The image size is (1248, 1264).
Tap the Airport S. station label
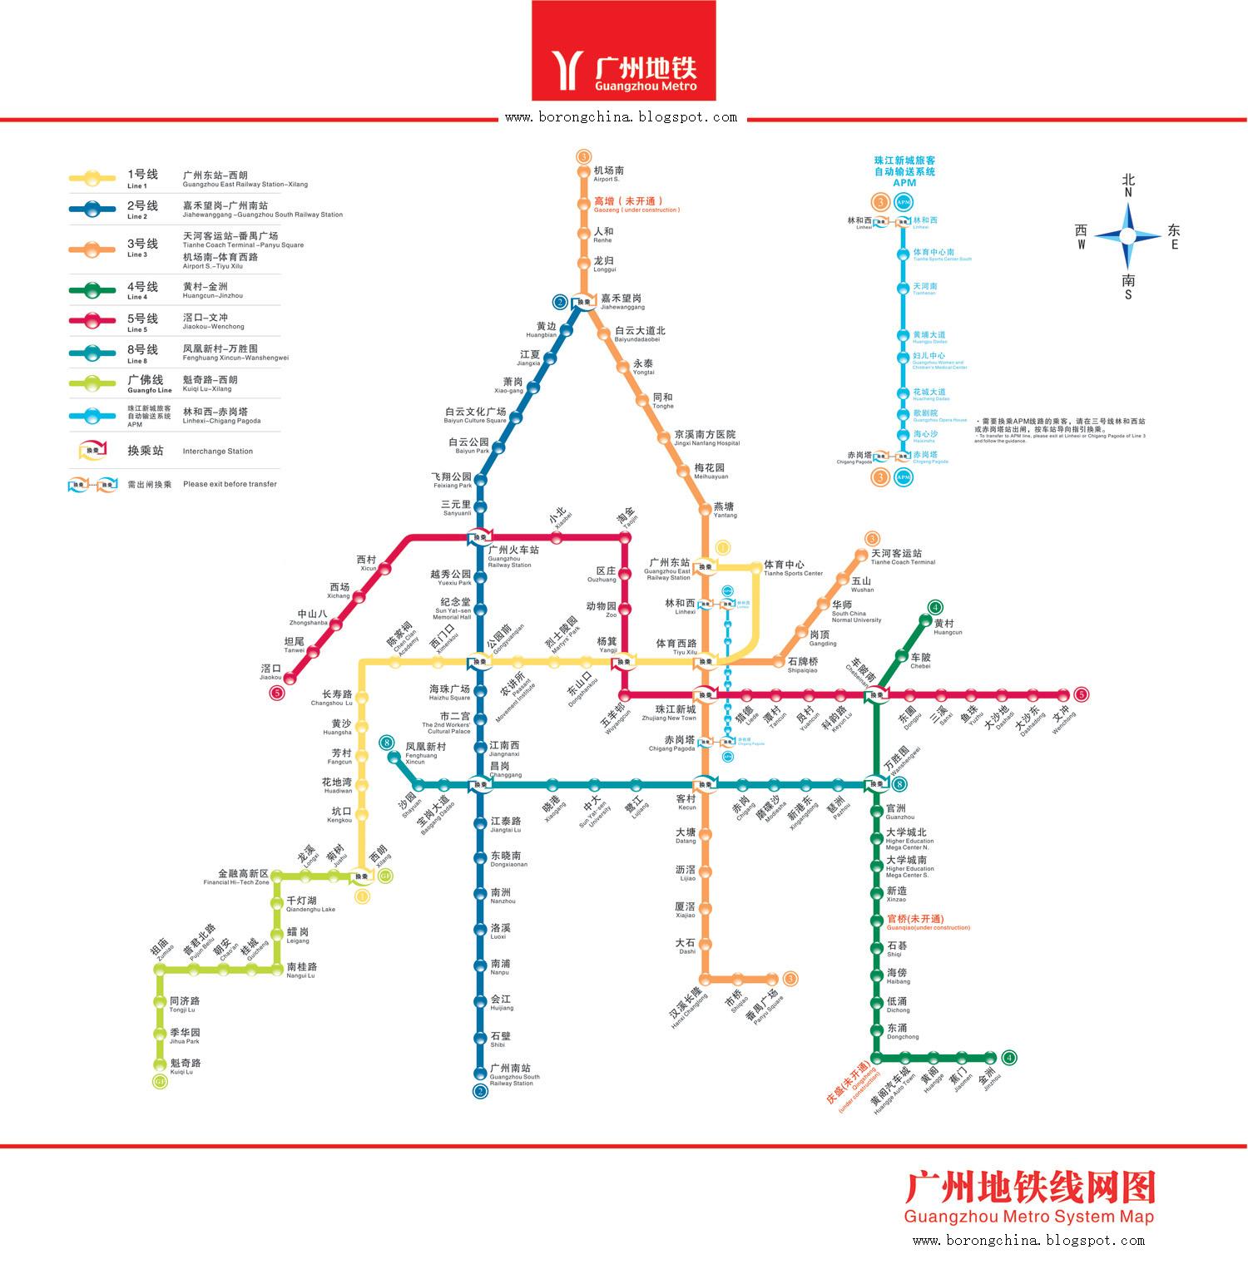pos(607,174)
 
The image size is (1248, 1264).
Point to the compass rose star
pos(1127,235)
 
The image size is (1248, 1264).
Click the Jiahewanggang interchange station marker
pos(586,302)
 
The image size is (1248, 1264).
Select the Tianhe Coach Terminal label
pos(902,556)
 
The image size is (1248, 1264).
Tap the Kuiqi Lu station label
pos(186,1066)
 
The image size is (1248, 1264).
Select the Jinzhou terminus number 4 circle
pos(1009,1058)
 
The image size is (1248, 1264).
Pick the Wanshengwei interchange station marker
pos(875,783)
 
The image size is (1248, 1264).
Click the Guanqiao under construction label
pos(928,921)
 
